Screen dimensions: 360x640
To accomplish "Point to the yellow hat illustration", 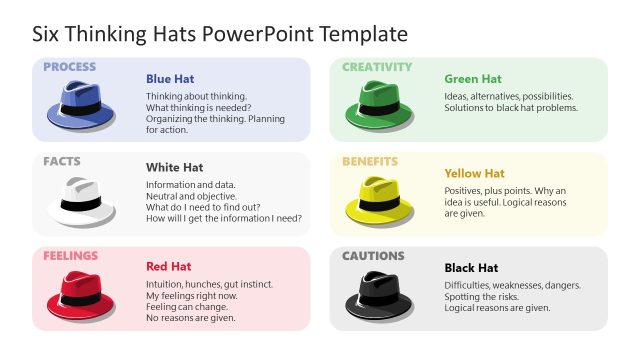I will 378,199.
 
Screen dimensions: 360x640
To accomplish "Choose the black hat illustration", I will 378,294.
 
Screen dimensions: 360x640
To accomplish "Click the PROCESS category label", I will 69,67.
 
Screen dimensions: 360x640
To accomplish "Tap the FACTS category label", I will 62,161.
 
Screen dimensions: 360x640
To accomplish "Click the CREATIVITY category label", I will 377,67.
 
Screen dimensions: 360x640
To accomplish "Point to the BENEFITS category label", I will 370,161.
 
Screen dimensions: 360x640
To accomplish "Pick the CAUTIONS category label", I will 373,256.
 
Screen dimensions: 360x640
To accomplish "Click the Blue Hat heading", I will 170,79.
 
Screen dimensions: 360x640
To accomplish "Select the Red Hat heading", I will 169,266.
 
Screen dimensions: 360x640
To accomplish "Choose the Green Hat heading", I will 473,79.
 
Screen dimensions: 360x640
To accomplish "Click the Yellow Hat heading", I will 475,173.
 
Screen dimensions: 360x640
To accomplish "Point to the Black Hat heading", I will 471,268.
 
